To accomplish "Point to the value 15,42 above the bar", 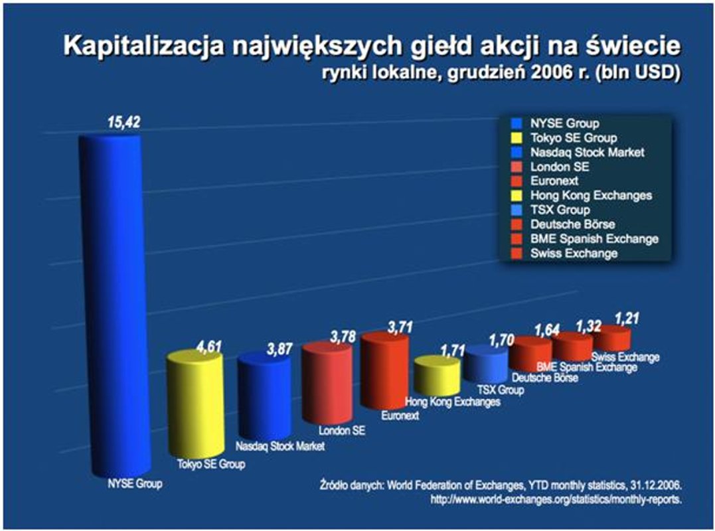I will click(124, 122).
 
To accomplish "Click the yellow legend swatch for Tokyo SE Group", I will click(516, 138).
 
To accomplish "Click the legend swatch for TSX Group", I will click(516, 210).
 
